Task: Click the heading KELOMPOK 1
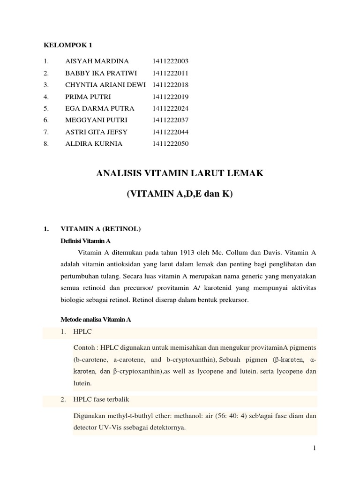pos(68,45)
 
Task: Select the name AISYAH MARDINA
pos(97,61)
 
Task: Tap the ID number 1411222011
pos(170,73)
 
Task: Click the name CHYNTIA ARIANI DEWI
pos(105,85)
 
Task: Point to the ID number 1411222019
pos(170,97)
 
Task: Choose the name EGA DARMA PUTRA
pos(100,108)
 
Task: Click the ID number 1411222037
pos(170,120)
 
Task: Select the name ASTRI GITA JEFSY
pos(97,132)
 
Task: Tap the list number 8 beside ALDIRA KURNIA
pos(45,144)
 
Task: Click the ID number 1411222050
pos(170,144)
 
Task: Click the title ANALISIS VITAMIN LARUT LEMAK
pos(180,174)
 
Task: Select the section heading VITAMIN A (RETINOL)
pos(101,229)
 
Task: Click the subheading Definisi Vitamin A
pos(85,241)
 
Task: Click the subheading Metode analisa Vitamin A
pos(96,319)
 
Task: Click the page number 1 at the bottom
pos(315,449)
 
